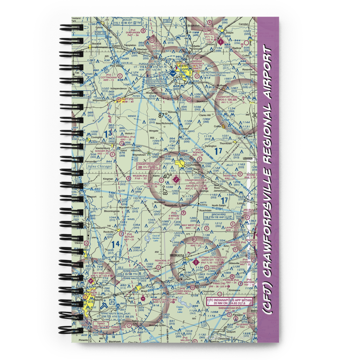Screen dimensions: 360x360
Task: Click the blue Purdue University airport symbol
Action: coord(172,73)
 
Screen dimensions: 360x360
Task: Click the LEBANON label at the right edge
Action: coord(248,158)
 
